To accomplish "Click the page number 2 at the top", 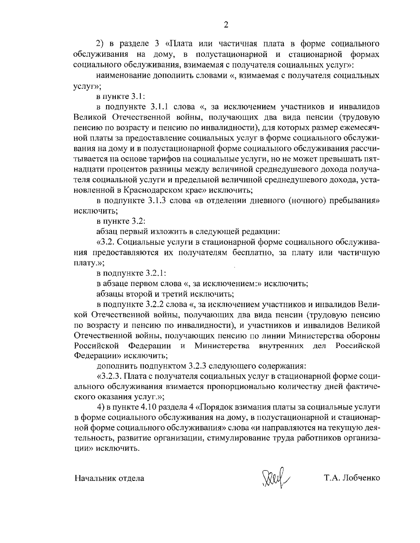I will [226, 25].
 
